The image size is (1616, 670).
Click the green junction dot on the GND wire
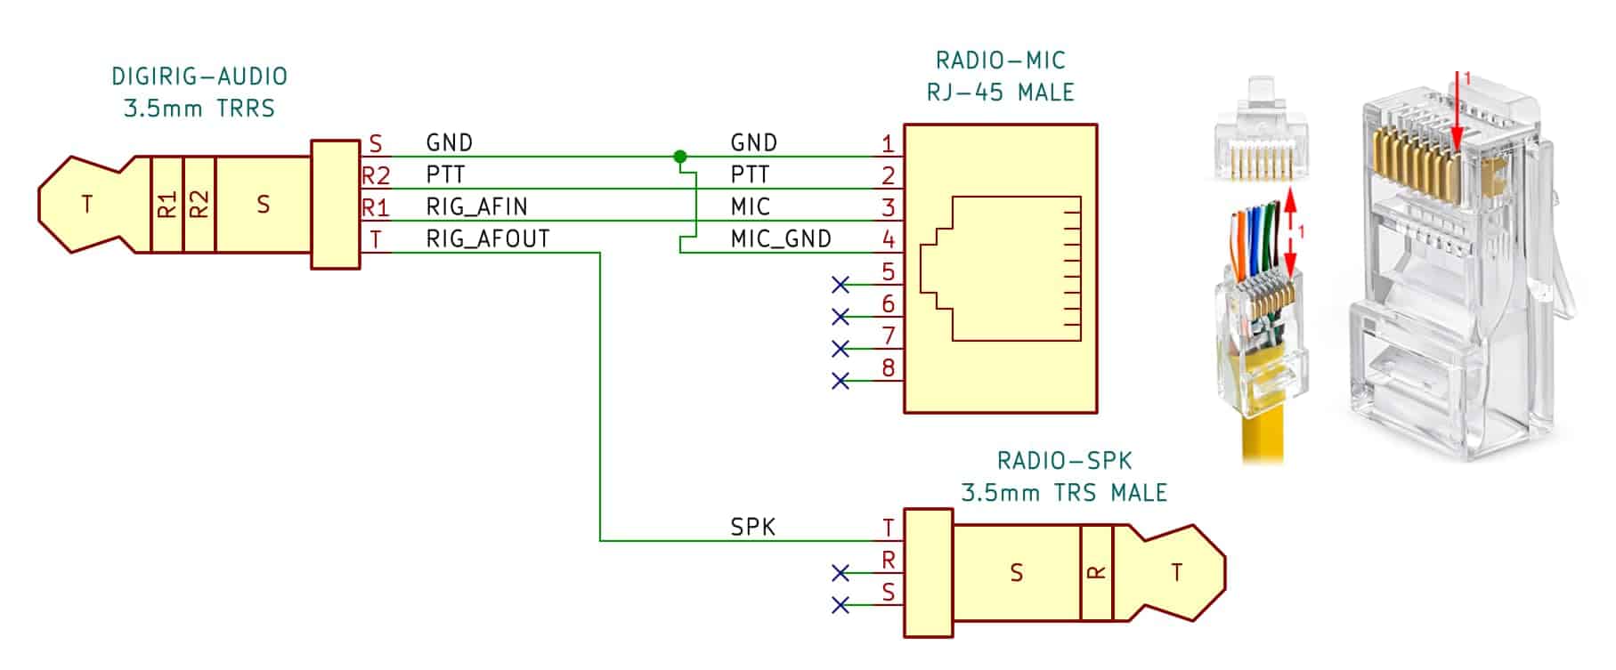pos(680,157)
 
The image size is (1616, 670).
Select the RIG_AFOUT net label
pos(488,238)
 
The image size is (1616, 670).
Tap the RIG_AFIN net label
pos(477,206)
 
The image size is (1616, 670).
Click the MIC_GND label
pos(781,238)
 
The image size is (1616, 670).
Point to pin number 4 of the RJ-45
pos(888,238)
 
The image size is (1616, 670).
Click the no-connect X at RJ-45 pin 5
pos(840,285)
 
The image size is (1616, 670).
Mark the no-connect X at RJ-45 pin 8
pos(840,381)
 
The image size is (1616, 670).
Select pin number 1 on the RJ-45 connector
pos(888,143)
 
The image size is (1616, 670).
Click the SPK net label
pos(753,527)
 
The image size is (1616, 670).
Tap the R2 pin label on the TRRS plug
pos(376,175)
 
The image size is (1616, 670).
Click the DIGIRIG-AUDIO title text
pos(199,76)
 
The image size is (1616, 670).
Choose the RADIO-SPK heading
pos(1064,460)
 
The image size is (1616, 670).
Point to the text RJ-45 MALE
pos(1000,92)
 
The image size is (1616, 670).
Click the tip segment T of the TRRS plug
pos(86,205)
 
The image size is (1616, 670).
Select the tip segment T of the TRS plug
pos(1177,572)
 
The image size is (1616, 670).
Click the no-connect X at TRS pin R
pos(840,573)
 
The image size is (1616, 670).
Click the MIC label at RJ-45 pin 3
pos(750,206)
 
